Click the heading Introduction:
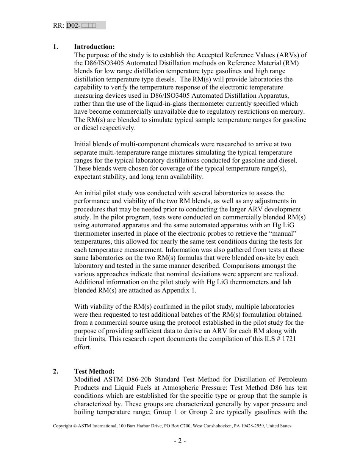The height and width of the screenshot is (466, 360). point(94,47)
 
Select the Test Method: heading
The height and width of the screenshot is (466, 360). point(94,371)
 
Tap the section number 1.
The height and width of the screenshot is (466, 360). point(56,47)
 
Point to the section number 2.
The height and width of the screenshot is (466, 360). point(56,371)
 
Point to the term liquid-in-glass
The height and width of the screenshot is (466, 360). point(148,103)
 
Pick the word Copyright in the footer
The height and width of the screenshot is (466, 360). point(62,426)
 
